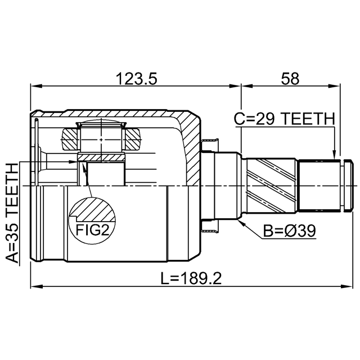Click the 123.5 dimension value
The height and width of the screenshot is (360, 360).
coord(136,79)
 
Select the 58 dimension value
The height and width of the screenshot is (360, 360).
coord(290,79)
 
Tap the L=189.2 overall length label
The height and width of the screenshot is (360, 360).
coord(191,278)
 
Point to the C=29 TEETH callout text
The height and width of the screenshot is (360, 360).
coord(284,119)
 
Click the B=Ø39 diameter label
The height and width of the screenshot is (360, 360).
coord(289,231)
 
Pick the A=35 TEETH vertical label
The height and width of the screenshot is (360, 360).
coord(12,213)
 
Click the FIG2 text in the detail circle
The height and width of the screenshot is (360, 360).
coord(92,230)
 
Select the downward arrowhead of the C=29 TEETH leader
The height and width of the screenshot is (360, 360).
coord(334,153)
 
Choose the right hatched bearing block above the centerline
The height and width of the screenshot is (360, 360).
coord(133,139)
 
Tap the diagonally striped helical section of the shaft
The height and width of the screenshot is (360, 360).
coord(271,185)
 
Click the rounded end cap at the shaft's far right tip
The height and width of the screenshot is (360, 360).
coord(348,185)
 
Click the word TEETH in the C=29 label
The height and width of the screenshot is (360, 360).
coord(308,119)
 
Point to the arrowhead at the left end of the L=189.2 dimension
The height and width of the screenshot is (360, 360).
coord(37,287)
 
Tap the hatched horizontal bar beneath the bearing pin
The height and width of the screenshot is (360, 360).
coord(101,157)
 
